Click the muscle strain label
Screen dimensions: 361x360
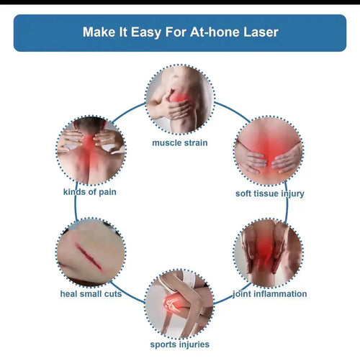point(179,142)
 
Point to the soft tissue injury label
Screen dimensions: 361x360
point(269,193)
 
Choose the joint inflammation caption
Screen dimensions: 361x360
point(269,293)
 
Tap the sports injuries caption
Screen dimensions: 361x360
point(179,344)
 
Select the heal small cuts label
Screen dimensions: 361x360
point(91,293)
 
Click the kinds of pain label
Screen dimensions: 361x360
point(89,192)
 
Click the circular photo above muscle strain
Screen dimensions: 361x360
point(179,99)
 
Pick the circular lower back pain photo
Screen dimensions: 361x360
point(269,150)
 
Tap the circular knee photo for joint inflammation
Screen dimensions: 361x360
point(269,252)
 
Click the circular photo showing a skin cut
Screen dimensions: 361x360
point(91,252)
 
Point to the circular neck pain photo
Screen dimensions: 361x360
point(91,150)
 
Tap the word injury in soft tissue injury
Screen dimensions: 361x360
point(290,193)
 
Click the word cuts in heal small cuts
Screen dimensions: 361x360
point(112,293)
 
